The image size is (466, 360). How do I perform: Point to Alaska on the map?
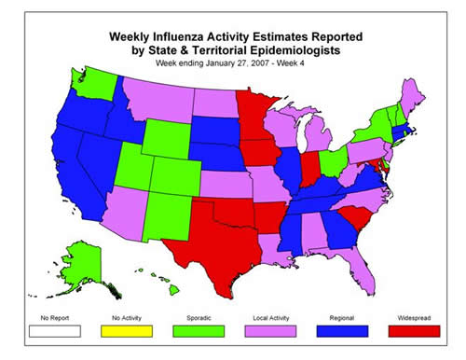(x=86, y=261)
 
